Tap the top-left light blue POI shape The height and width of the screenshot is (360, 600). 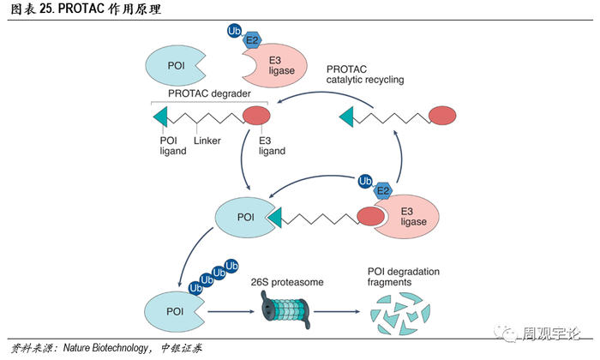pos(172,63)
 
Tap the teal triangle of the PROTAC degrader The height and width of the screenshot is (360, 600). pos(159,117)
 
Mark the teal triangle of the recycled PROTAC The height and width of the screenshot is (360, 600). pos(347,114)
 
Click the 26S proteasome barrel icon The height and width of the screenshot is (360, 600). pos(282,306)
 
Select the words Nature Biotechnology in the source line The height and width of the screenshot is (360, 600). pos(107,349)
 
